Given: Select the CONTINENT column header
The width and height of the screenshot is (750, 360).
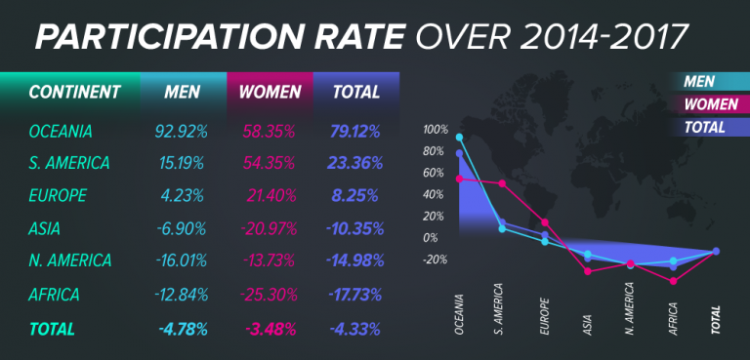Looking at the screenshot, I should [x=74, y=93].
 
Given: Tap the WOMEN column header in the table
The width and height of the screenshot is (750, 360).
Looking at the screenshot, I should [x=271, y=93].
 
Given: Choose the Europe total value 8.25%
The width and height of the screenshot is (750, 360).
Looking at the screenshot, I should [x=354, y=194].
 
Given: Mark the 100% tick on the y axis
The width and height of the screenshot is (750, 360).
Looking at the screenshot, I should [x=436, y=130].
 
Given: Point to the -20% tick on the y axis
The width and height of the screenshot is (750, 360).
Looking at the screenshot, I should [x=436, y=260].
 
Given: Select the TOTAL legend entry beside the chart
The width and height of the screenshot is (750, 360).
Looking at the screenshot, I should [x=704, y=126].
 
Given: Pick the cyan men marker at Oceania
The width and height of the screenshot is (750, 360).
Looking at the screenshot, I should [x=459, y=138].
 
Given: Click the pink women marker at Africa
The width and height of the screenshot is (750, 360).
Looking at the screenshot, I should [x=673, y=281].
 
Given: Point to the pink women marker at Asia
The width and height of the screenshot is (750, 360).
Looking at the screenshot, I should [x=588, y=270].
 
